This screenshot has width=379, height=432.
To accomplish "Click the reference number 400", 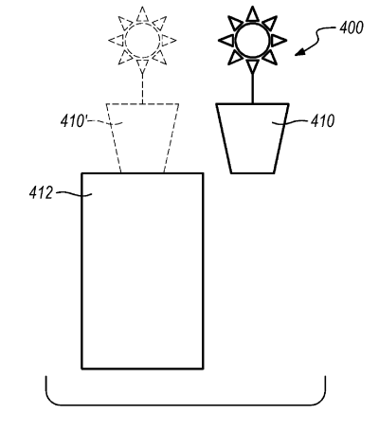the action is tap(352, 27).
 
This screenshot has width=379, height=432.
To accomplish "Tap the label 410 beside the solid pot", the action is tap(322, 121).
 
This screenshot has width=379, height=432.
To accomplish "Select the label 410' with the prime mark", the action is tap(73, 121).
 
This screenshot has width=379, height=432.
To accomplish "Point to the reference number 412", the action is tap(41, 192).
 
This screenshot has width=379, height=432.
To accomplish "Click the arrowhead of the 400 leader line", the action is tap(299, 52).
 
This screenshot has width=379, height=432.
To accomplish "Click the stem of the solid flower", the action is tap(252, 88).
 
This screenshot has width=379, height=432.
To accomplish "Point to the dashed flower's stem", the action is tap(142, 88).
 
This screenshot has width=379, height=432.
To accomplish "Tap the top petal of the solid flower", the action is tap(252, 15).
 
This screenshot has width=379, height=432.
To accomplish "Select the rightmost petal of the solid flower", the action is tap(278, 41).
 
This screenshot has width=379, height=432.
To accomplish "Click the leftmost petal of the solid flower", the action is tap(226, 41).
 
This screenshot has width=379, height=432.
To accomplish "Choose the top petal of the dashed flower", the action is tap(142, 15).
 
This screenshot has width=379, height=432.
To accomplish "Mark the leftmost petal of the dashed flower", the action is tap(117, 41).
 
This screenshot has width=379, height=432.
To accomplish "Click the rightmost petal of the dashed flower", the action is tap(168, 41).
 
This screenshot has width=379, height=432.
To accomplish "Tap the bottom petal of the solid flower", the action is tap(252, 66).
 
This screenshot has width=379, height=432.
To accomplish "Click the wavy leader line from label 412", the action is tap(74, 194).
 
